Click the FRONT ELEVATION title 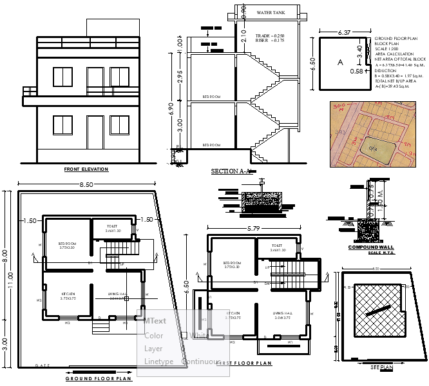pyautogui.click(x=86, y=169)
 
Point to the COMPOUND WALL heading pyautogui.click(x=370, y=247)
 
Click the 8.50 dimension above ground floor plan pyautogui.click(x=86, y=184)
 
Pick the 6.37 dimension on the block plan pyautogui.click(x=343, y=32)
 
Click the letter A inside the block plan pyautogui.click(x=339, y=63)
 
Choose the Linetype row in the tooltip pyautogui.click(x=158, y=362)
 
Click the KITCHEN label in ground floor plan pyautogui.click(x=68, y=293)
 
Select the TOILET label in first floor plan pyautogui.click(x=277, y=246)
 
